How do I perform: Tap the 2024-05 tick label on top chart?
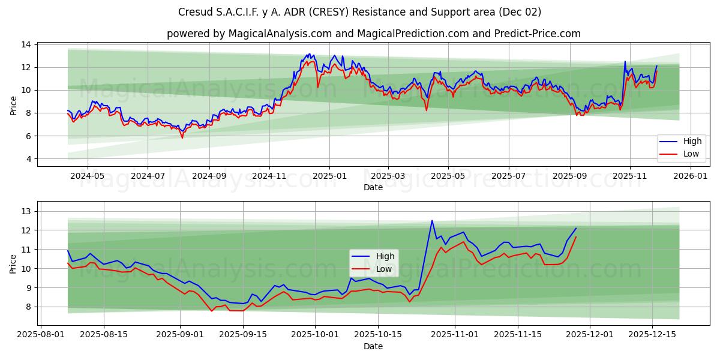[x=88, y=176]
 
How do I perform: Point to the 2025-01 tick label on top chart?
[x=329, y=176]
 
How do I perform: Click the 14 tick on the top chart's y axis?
[x=26, y=44]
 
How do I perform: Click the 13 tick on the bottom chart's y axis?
[x=26, y=211]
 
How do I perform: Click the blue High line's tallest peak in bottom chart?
[x=432, y=220]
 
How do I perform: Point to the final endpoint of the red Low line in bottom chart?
[x=576, y=236]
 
